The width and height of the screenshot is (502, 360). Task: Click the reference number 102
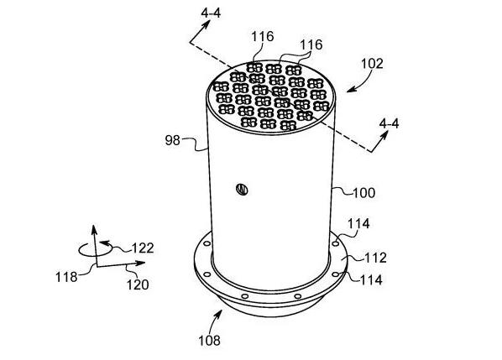372,64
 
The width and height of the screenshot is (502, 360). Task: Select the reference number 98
173,140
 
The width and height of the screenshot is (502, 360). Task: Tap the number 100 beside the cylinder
363,193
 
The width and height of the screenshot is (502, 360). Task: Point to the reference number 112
375,258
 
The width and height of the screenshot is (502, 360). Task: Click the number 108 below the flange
209,341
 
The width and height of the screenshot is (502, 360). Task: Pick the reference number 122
143,248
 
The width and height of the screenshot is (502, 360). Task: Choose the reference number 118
66,277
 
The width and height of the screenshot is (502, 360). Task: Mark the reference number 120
138,284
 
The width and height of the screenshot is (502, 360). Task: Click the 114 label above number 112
358,224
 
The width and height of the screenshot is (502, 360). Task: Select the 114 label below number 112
371,280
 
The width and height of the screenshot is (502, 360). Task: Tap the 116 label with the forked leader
311,44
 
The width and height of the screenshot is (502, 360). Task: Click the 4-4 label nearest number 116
211,13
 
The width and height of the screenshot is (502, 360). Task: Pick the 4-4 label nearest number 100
389,123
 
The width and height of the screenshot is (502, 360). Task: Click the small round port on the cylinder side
242,189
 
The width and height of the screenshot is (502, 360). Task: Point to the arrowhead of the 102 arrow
349,91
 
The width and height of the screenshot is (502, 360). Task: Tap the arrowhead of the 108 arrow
220,311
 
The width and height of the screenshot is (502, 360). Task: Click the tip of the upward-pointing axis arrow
93,225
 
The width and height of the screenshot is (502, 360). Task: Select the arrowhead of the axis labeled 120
144,263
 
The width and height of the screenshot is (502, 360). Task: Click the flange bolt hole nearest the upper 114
336,244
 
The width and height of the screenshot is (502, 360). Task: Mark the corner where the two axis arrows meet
97,266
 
